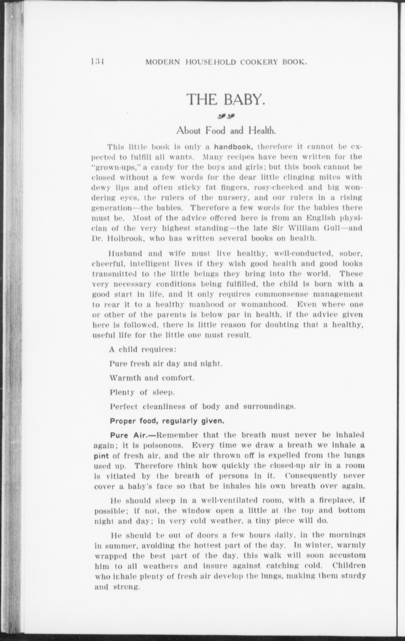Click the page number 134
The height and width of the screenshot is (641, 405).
(x=97, y=61)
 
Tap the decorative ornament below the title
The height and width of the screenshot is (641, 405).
(x=226, y=117)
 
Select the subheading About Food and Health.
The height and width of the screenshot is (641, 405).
(x=226, y=130)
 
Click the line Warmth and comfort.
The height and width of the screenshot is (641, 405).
(x=152, y=378)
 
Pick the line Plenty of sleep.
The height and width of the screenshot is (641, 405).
(x=142, y=393)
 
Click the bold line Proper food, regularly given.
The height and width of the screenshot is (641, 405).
(x=167, y=421)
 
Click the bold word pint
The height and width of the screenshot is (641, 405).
(x=101, y=456)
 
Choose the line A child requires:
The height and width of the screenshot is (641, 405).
(x=143, y=349)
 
